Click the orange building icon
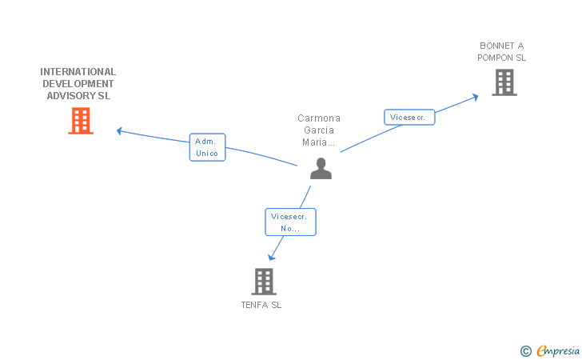point(81,121)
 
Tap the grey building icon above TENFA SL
point(264,282)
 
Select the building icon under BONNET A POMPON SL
point(504,82)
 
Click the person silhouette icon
point(321,168)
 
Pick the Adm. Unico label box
point(208,147)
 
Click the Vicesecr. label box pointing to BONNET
point(409,117)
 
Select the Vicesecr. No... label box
point(291,222)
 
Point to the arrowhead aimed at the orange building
point(120,130)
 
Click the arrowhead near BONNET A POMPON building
point(475,97)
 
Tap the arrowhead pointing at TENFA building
point(271,257)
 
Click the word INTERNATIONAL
point(78,72)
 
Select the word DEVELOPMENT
point(78,83)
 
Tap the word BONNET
point(497,46)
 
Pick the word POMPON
point(495,58)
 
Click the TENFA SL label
point(261,305)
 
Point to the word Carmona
point(319,118)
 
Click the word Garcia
point(319,130)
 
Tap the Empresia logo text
point(558,350)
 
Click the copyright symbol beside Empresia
point(526,351)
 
